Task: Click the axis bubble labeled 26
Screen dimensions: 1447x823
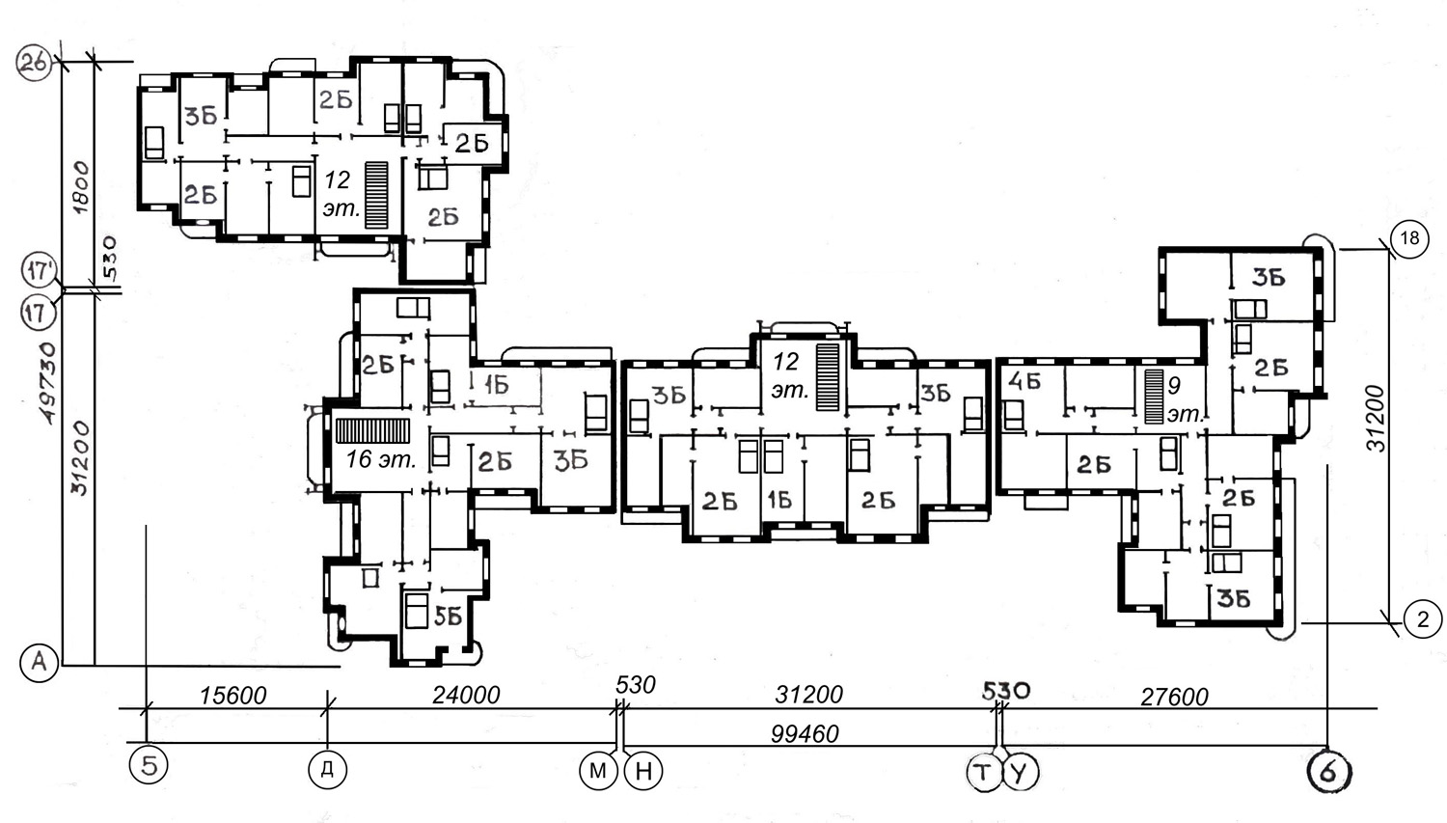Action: point(34,64)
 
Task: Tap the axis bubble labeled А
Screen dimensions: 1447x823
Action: point(40,662)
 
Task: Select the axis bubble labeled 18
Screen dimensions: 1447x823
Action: point(1408,239)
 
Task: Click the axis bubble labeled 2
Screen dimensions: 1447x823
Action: point(1423,619)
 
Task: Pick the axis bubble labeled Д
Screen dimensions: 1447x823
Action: point(328,769)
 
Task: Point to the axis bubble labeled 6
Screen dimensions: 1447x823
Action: point(1328,771)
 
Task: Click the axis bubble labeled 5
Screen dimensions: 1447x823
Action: point(149,766)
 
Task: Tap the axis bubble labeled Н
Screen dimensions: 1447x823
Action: point(643,771)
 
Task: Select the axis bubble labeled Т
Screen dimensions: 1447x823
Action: point(983,772)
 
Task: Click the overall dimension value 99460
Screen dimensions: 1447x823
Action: point(805,734)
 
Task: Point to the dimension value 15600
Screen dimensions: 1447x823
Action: point(232,696)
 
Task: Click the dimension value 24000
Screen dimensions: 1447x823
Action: point(466,695)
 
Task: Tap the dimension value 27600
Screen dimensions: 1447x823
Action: point(1174,697)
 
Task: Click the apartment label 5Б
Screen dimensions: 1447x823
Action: point(448,617)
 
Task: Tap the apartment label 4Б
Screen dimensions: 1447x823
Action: point(1024,381)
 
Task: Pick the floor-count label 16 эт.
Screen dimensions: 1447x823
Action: point(380,459)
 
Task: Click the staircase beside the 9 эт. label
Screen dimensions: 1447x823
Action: point(1154,397)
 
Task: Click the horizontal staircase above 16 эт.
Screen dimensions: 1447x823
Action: point(372,431)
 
